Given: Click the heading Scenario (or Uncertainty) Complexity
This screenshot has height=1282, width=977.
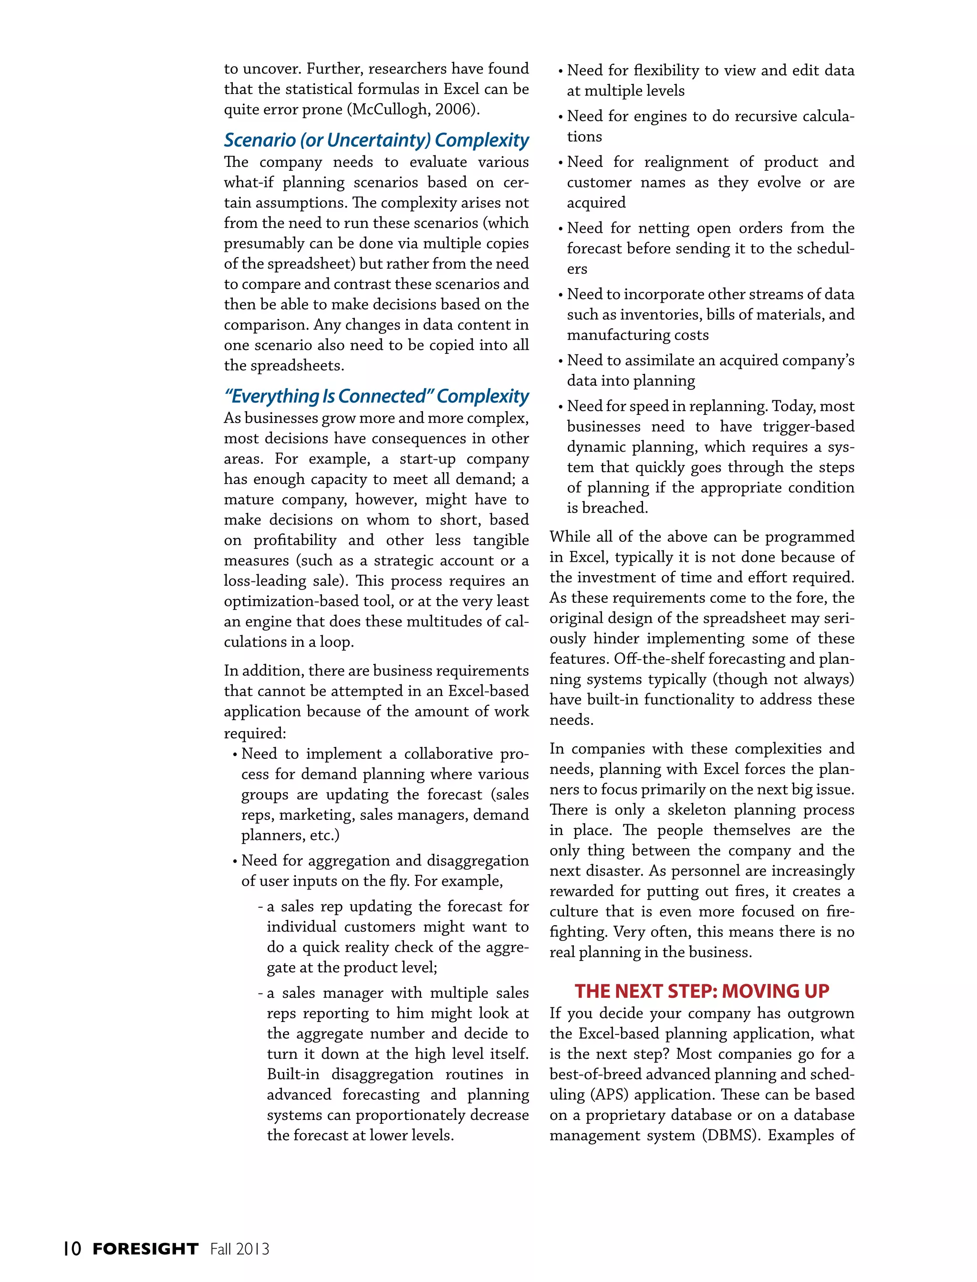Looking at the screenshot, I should click(376, 140).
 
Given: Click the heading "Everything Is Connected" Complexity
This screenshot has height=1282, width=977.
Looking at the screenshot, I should click(376, 396).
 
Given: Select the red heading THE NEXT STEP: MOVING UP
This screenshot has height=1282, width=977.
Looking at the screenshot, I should click(701, 991).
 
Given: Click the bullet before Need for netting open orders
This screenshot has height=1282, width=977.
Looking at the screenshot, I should click(560, 229).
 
